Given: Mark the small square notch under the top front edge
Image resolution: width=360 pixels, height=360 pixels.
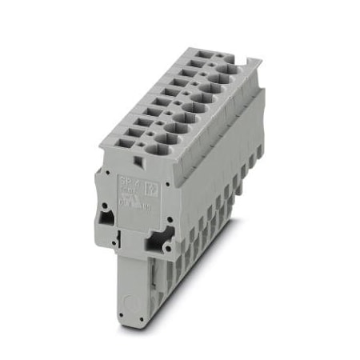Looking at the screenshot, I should (138, 162).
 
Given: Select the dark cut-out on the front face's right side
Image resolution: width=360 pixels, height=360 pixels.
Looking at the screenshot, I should (152, 239).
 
